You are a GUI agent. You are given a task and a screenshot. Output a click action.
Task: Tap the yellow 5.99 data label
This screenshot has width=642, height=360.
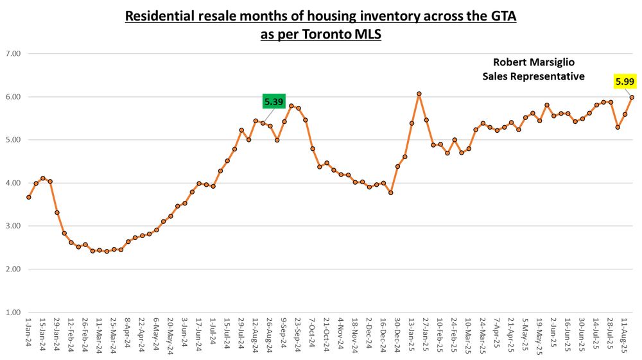625,81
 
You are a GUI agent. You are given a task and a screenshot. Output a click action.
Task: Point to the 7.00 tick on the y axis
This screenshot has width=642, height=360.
13,54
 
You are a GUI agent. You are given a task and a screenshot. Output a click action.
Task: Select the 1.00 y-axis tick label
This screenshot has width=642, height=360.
13,313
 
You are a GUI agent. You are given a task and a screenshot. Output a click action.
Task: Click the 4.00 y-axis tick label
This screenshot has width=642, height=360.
13,183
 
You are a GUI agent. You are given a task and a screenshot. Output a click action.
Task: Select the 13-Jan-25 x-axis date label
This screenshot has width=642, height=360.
412,334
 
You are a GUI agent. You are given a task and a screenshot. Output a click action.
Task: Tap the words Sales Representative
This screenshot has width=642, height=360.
533,76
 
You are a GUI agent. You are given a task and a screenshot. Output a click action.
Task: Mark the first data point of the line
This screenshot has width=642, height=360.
29,197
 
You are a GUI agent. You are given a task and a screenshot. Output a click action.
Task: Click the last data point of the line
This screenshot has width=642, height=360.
632,98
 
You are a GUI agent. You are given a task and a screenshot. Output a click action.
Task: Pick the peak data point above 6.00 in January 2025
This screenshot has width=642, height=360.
419,94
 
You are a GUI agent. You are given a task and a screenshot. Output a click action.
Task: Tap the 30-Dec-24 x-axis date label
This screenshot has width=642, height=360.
397,334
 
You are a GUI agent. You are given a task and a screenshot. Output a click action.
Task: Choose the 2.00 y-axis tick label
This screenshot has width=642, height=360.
13,270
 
